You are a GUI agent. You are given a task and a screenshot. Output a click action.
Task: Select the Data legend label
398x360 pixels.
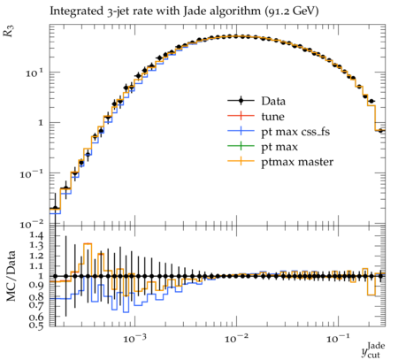[273, 101]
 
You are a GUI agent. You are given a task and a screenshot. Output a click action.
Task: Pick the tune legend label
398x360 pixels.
[272, 117]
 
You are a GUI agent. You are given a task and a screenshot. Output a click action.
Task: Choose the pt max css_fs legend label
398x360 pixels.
[295, 132]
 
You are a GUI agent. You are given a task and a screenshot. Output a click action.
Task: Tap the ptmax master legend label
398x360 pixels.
[297, 162]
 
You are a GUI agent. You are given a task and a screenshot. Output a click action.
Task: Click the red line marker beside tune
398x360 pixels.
[241, 117]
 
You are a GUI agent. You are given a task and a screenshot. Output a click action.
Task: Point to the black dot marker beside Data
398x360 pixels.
[241, 101]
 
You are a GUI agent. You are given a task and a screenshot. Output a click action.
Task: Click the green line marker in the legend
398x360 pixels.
[241, 147]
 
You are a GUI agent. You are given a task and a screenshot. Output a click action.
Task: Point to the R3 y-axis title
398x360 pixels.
[9, 31]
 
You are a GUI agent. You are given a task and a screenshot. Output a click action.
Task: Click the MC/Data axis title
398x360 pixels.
[11, 276]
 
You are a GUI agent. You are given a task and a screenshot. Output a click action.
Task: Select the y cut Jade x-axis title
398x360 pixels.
[373, 349]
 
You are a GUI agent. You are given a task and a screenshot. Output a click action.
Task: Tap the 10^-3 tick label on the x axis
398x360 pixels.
[134, 338]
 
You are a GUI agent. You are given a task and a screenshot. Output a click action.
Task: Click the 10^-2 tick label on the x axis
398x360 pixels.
[236, 338]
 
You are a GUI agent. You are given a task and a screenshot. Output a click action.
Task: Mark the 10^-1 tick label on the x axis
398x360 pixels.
[338, 338]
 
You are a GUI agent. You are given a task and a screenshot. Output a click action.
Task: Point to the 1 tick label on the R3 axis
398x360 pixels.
[41, 123]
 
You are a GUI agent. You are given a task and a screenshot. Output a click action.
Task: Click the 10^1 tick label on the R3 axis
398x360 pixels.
[34, 73]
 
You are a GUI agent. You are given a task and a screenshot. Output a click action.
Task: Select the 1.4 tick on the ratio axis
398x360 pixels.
[37, 235]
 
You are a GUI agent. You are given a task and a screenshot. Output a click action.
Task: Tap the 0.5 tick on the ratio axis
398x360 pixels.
[37, 325]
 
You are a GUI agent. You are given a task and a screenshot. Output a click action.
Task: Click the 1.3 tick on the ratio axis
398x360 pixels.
[37, 245]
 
